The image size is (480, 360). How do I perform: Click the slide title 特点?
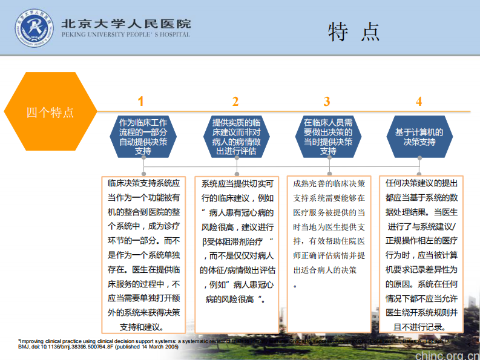(x=353, y=31)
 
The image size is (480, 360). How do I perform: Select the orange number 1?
(x=141, y=101)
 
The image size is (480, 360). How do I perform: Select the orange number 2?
(x=235, y=101)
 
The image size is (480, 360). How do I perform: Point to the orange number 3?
(x=327, y=101)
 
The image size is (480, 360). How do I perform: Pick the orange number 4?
(x=419, y=101)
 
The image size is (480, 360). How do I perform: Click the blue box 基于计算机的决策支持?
(x=419, y=137)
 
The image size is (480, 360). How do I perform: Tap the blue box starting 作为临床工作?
(x=143, y=137)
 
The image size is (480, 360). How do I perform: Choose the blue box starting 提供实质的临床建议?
(x=236, y=137)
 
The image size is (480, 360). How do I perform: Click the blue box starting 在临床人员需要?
(x=328, y=137)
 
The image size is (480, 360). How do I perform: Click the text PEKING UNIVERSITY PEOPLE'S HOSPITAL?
(x=125, y=34)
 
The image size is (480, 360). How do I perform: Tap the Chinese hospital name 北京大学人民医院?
(x=126, y=23)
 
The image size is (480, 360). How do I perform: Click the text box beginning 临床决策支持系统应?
(x=143, y=254)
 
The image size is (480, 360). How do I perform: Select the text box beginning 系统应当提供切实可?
(x=237, y=242)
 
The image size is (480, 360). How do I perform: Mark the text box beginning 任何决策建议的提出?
(x=421, y=254)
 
